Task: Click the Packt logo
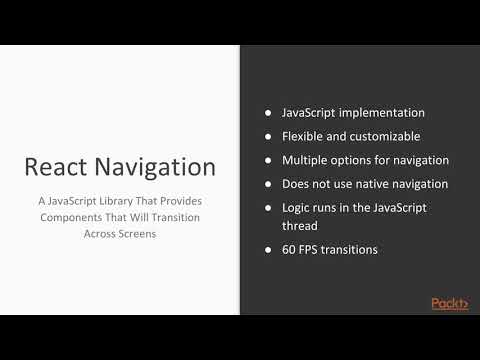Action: (450, 303)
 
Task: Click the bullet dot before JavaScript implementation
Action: (268, 113)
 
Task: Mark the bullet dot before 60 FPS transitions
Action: (268, 249)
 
